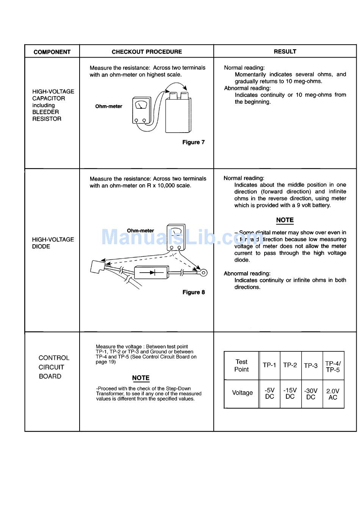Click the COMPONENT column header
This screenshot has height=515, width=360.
point(52,52)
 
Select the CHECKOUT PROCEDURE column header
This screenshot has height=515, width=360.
point(147,51)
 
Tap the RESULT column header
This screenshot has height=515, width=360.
point(285,51)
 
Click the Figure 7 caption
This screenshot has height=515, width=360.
point(193,142)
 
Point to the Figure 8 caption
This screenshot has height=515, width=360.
point(193,292)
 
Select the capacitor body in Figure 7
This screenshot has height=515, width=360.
point(178,114)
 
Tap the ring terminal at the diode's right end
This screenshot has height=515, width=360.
point(203,272)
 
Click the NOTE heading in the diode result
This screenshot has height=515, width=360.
point(285,220)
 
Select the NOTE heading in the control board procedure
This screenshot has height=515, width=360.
point(141,378)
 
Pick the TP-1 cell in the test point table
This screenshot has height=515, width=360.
point(269,365)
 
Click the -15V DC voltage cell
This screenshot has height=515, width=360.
point(290,393)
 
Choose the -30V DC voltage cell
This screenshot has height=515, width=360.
point(311,394)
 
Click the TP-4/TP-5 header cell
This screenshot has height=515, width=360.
point(333,367)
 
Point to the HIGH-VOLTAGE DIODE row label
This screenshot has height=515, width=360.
point(53,243)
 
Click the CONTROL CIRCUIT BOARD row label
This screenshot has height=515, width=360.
point(54,367)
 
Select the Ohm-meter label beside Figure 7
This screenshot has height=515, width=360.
point(109,106)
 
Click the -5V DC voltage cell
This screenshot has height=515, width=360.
point(269,393)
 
